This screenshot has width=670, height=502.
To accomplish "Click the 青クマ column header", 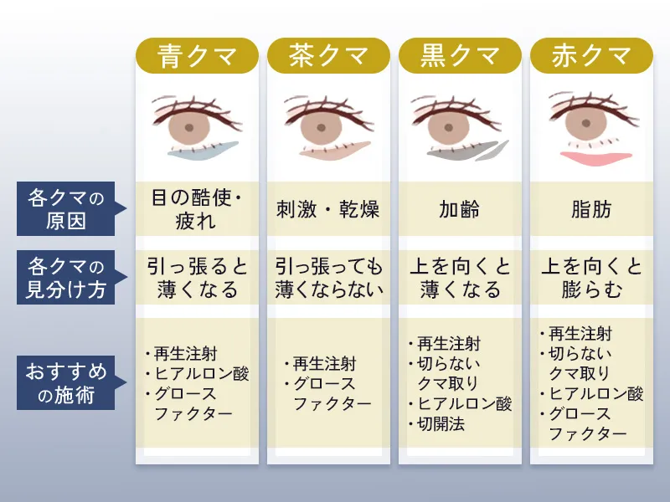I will pyautogui.click(x=197, y=56).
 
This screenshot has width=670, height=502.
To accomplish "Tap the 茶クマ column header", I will pyautogui.click(x=328, y=56).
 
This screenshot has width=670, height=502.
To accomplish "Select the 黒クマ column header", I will pyautogui.click(x=460, y=56).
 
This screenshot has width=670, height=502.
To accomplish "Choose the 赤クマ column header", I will pyautogui.click(x=591, y=56).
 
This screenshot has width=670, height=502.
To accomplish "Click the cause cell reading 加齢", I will pyautogui.click(x=460, y=209).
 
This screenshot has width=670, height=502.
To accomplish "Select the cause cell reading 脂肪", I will pyautogui.click(x=591, y=209).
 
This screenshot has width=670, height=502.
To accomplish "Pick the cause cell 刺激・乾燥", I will pyautogui.click(x=328, y=209).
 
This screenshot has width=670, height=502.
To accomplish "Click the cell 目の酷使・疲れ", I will pyautogui.click(x=197, y=209).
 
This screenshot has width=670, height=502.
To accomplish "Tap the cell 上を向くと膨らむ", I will pyautogui.click(x=591, y=278).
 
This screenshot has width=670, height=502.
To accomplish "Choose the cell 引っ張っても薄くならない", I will pyautogui.click(x=328, y=278).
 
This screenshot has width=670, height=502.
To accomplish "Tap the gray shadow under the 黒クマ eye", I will pyautogui.click(x=456, y=152).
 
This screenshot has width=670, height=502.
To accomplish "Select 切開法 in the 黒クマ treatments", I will pyautogui.click(x=441, y=423).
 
